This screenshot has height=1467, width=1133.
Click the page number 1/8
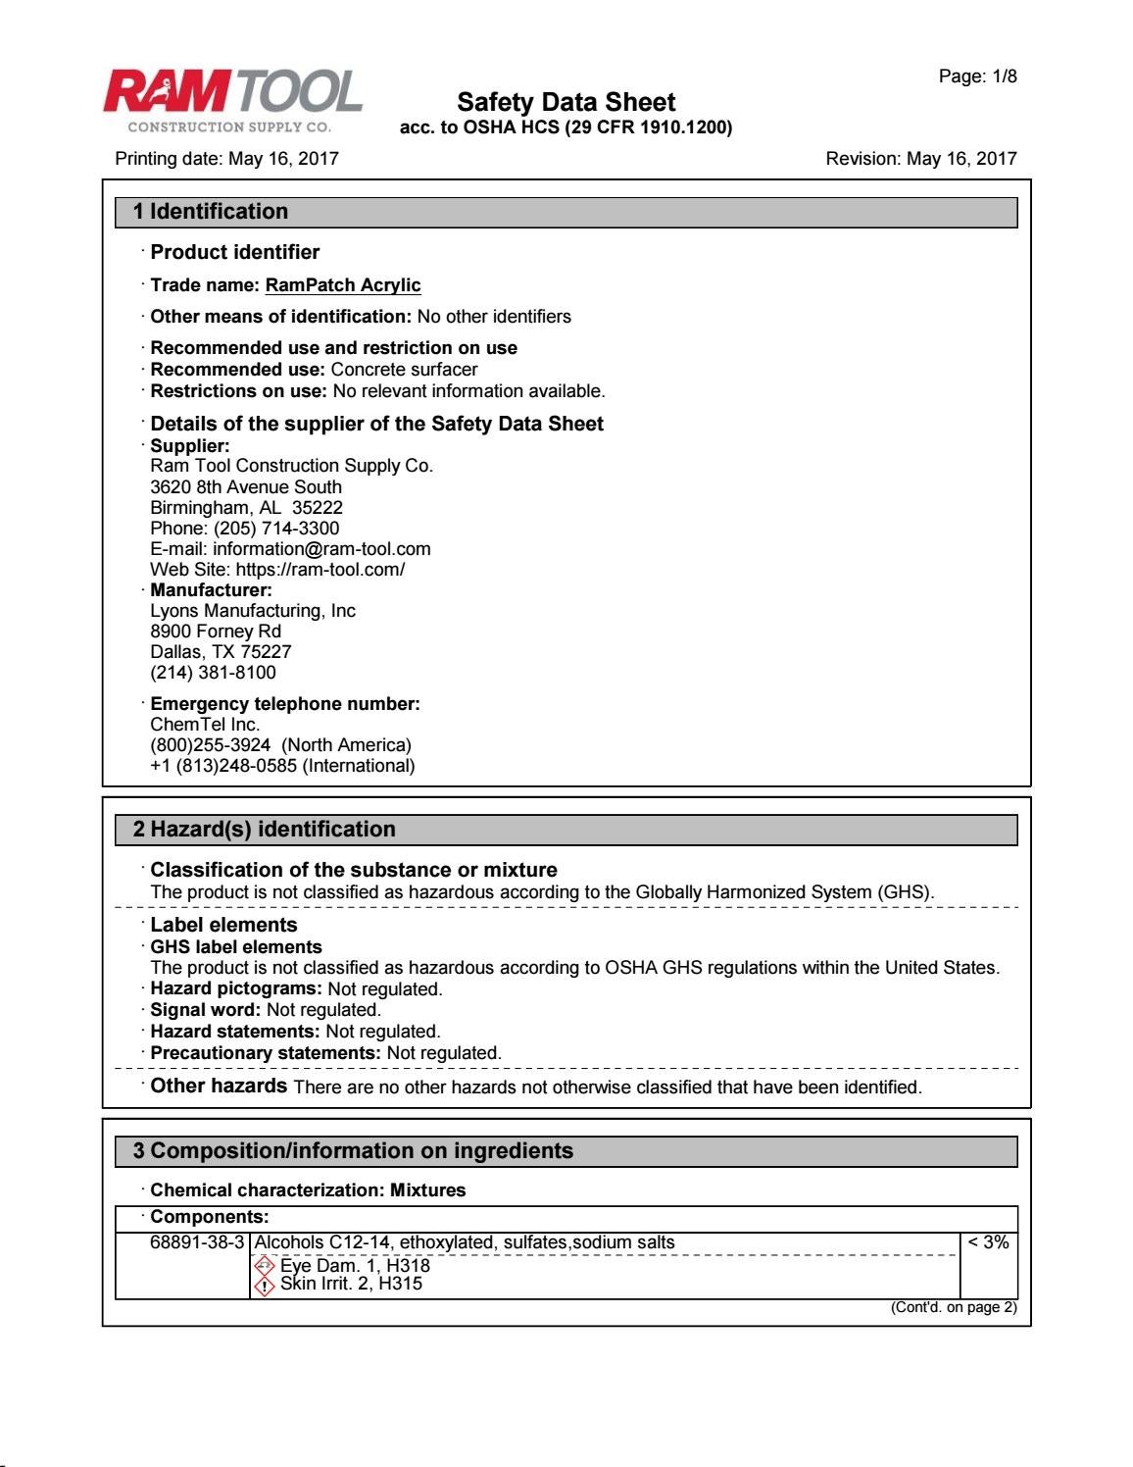click(977, 76)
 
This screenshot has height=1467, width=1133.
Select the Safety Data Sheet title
click(566, 102)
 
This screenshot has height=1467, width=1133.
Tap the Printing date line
click(226, 159)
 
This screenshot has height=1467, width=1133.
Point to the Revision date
click(920, 159)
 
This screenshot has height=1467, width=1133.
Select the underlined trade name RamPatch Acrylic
click(343, 285)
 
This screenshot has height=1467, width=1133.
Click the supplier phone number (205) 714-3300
click(276, 529)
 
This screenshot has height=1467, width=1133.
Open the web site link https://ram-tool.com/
click(320, 570)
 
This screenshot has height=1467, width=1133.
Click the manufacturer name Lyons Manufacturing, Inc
click(253, 611)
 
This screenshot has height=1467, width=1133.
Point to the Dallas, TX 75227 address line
click(221, 652)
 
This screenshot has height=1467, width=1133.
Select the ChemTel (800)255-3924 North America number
click(280, 745)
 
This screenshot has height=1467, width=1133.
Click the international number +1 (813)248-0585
click(282, 766)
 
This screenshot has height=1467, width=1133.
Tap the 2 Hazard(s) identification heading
click(265, 830)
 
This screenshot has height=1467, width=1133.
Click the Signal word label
click(206, 1010)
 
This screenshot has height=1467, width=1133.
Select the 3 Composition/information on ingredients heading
click(353, 1151)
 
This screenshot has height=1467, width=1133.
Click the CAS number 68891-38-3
click(196, 1242)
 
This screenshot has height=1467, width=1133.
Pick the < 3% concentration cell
click(988, 1242)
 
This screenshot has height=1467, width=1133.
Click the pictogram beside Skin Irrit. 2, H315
click(264, 1286)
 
